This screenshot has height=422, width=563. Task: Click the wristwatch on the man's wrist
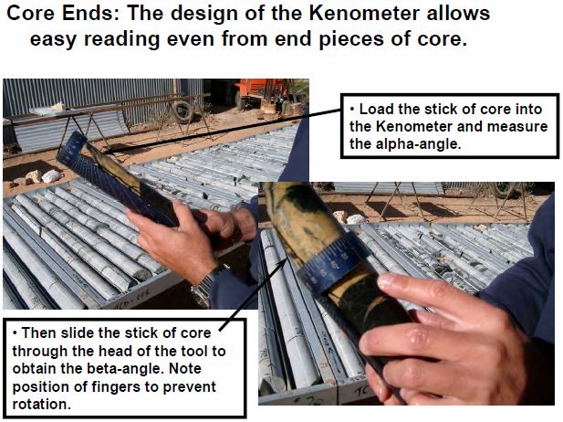209,284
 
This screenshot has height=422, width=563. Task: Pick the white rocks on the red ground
42,175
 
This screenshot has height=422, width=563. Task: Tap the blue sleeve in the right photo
525,274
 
